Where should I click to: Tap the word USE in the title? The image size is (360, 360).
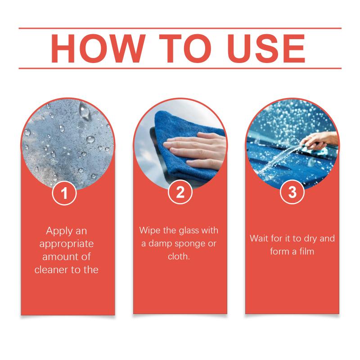pos(266,49)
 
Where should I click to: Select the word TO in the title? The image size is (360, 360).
pos(185,49)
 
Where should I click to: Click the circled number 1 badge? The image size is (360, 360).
pos(64,193)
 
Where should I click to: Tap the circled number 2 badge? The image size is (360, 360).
pos(180,192)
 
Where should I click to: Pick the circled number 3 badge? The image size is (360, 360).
pos(292,192)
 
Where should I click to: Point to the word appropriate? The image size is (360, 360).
pos(67,244)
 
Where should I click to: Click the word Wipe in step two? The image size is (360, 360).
pos(150,230)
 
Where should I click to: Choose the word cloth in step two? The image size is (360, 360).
pos(179,256)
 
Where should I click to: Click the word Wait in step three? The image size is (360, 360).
pos(259,238)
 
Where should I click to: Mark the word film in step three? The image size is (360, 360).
pos(307,252)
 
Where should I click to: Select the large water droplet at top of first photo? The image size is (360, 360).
pos(84,111)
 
